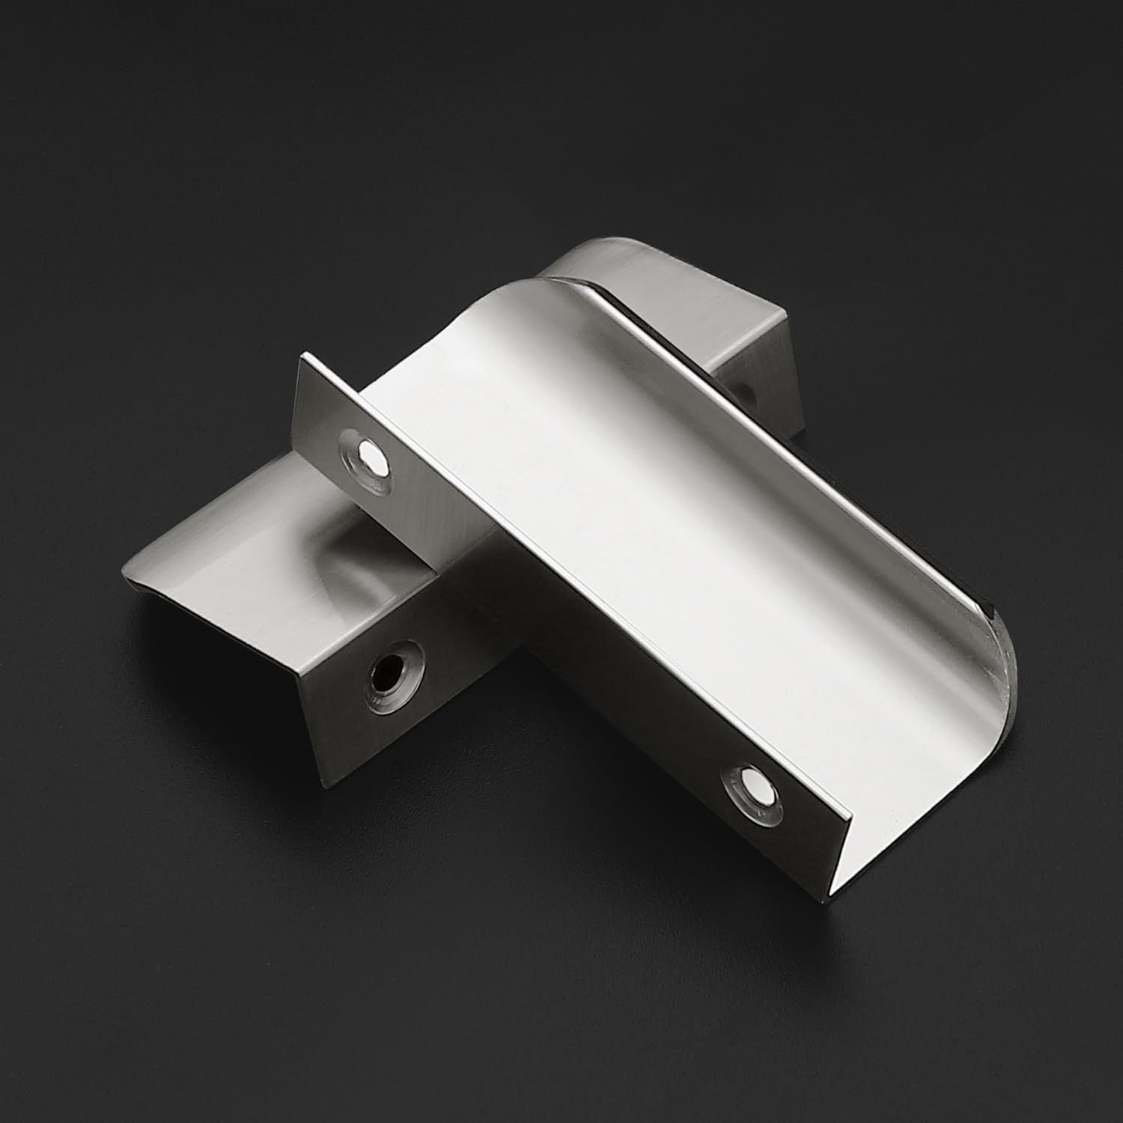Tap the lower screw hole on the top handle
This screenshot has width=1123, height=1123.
(x=751, y=789)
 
